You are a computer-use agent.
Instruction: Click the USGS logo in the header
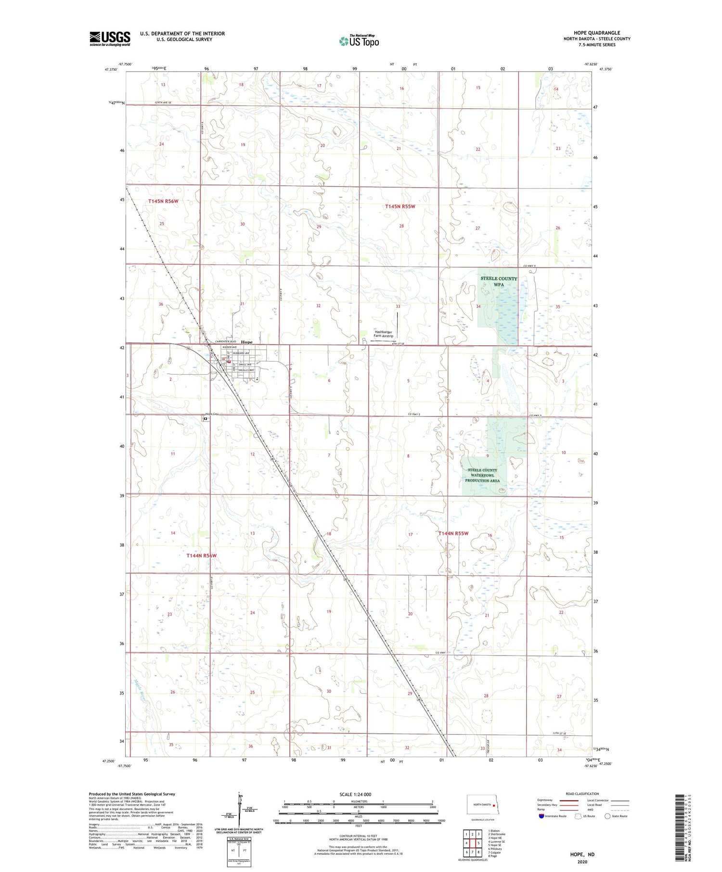click(x=110, y=38)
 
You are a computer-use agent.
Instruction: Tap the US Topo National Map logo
click(x=359, y=41)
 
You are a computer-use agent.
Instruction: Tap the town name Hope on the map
click(x=246, y=342)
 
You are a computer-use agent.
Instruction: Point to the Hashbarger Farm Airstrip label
click(x=384, y=334)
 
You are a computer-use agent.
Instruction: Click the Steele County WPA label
click(x=499, y=281)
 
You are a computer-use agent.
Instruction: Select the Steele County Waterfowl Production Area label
click(x=482, y=475)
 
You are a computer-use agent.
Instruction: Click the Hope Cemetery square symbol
click(x=206, y=419)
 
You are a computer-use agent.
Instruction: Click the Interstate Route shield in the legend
click(x=541, y=816)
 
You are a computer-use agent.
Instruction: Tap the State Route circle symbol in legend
click(x=607, y=816)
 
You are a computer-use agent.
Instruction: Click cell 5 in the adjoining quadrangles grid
click(x=478, y=843)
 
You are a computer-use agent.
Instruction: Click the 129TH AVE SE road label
click(x=163, y=103)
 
